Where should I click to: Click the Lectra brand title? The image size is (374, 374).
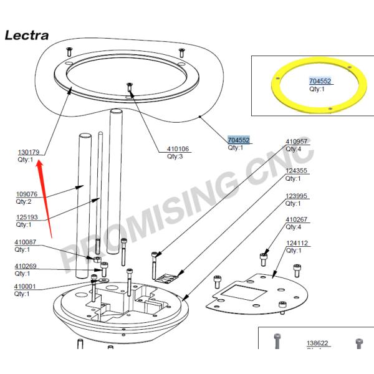[x=26, y=35]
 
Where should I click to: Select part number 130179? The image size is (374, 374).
[x=29, y=152]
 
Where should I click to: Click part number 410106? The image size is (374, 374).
[x=178, y=149]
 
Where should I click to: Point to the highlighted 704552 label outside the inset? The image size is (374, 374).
[x=239, y=140]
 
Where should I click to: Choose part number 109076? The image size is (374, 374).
[x=27, y=194]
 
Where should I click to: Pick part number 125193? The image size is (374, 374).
[x=27, y=217]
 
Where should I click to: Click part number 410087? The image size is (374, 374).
[x=26, y=242]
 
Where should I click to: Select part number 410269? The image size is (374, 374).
[x=26, y=266]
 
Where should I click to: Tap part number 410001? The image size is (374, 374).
[x=26, y=286]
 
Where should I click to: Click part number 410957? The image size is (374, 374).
[x=297, y=141]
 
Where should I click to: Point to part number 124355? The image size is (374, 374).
[x=297, y=171]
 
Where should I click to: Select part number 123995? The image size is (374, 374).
[x=297, y=196]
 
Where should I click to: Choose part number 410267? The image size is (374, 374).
[x=297, y=219]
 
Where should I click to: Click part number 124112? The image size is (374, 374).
[x=297, y=243]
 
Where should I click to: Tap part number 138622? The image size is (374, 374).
[x=317, y=343]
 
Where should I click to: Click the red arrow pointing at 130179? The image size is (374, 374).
[x=46, y=199]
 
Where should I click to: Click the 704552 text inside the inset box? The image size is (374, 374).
[x=320, y=82]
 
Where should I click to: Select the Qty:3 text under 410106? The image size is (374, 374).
[x=175, y=156]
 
